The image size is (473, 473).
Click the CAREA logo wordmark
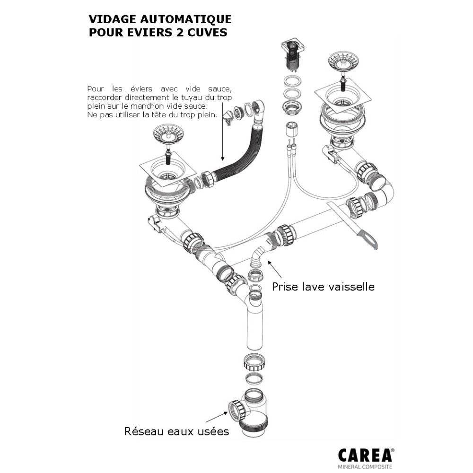click(365, 455)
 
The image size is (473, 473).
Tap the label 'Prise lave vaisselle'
click(323, 287)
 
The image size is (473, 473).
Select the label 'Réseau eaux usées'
click(176, 431)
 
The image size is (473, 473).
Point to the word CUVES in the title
click(209, 33)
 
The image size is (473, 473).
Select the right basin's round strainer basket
click(340, 62)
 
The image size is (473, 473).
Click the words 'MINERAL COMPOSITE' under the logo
click(365, 467)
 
